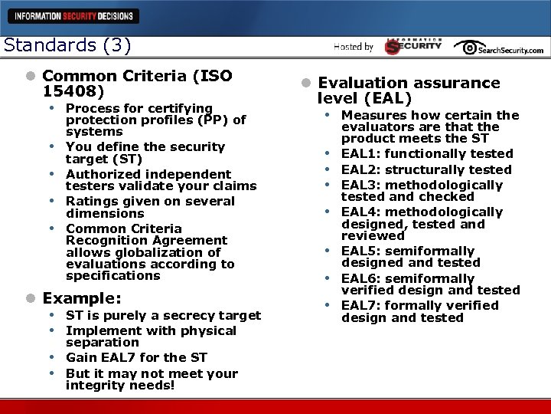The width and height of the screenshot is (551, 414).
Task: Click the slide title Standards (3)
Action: point(67,44)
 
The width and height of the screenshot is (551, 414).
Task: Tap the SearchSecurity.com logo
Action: point(498,48)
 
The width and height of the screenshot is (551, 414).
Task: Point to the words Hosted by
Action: point(354,47)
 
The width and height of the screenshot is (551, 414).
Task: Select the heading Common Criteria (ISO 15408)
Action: point(137,83)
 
